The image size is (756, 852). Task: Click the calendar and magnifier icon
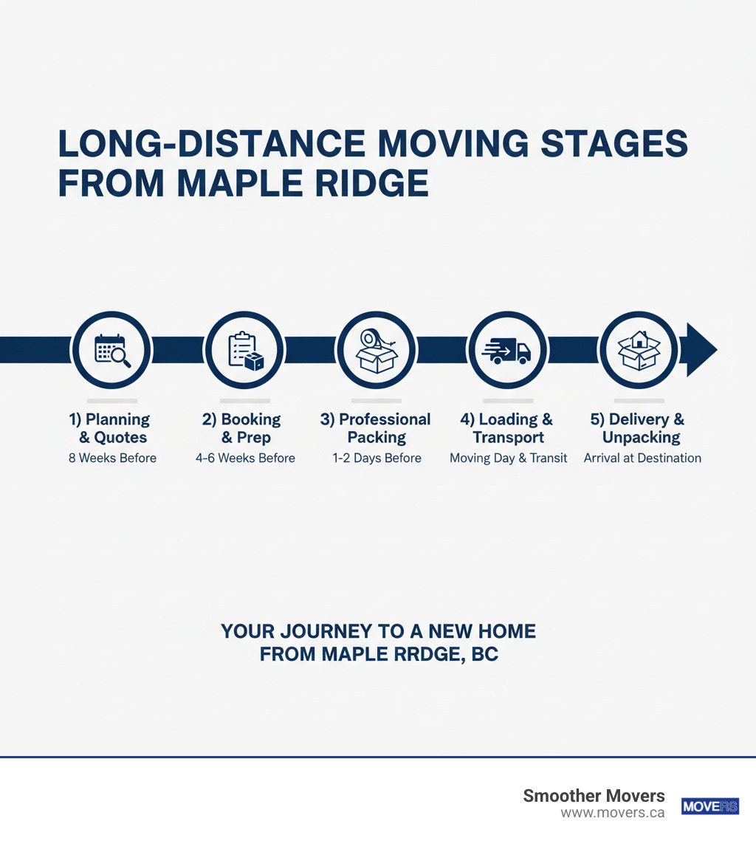click(x=111, y=350)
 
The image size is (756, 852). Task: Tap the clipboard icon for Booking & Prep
click(x=244, y=350)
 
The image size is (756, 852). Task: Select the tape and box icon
click(x=377, y=350)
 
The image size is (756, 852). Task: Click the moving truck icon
click(x=508, y=350)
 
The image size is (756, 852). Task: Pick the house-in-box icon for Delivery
click(x=639, y=350)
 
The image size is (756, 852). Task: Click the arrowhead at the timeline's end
click(x=700, y=350)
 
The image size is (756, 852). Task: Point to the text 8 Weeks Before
click(x=112, y=458)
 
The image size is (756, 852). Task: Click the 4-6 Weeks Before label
click(x=245, y=458)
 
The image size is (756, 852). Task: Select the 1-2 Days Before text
click(x=377, y=458)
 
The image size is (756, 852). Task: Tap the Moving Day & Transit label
click(x=509, y=458)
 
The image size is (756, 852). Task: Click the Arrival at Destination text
click(x=642, y=458)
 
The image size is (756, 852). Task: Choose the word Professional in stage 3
click(x=385, y=419)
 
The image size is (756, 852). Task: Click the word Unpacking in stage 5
click(x=641, y=437)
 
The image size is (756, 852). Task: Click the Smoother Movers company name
click(x=594, y=796)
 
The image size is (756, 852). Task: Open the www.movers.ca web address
click(x=612, y=813)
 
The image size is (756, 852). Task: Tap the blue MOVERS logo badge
click(x=709, y=806)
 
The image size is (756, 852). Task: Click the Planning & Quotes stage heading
click(x=110, y=428)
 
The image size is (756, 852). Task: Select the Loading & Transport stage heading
click(x=507, y=428)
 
